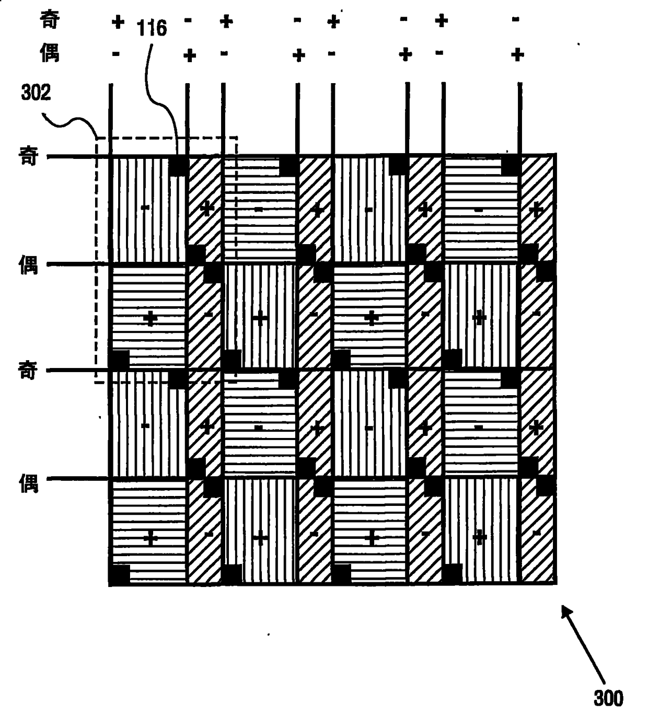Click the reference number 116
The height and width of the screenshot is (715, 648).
(152, 28)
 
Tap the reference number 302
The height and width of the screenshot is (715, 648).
(36, 93)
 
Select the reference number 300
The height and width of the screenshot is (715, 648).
(608, 698)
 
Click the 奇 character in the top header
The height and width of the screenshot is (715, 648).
(50, 20)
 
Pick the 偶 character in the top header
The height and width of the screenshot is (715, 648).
(50, 53)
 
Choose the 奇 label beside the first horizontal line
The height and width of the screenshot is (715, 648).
(28, 156)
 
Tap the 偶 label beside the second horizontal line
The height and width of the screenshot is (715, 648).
(28, 265)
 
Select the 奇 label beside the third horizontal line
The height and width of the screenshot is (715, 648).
(28, 371)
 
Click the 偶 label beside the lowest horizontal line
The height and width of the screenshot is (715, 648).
(28, 483)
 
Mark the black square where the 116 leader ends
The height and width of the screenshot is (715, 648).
(178, 166)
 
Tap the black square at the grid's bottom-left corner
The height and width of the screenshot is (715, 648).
(119, 575)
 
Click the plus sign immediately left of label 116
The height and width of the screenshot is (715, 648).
(118, 22)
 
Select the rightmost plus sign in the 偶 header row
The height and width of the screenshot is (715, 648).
(517, 54)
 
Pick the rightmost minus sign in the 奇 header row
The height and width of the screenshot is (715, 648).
(515, 20)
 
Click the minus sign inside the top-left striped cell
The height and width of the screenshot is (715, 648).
(145, 208)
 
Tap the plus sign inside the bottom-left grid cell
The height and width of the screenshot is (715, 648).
(151, 538)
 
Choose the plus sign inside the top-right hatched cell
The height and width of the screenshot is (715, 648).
(536, 210)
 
